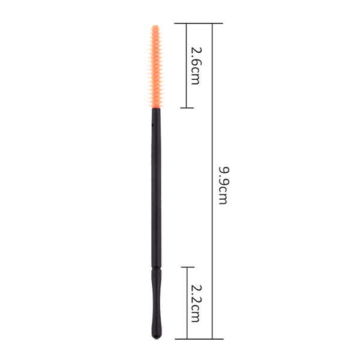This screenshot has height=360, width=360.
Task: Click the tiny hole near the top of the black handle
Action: click(152, 125)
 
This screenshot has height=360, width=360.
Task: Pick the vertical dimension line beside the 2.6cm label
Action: click(187, 66)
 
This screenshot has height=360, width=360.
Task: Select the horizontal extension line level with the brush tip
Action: click(198, 23)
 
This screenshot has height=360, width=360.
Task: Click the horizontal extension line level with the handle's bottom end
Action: click(198, 340)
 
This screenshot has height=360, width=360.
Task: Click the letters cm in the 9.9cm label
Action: click(222, 196)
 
